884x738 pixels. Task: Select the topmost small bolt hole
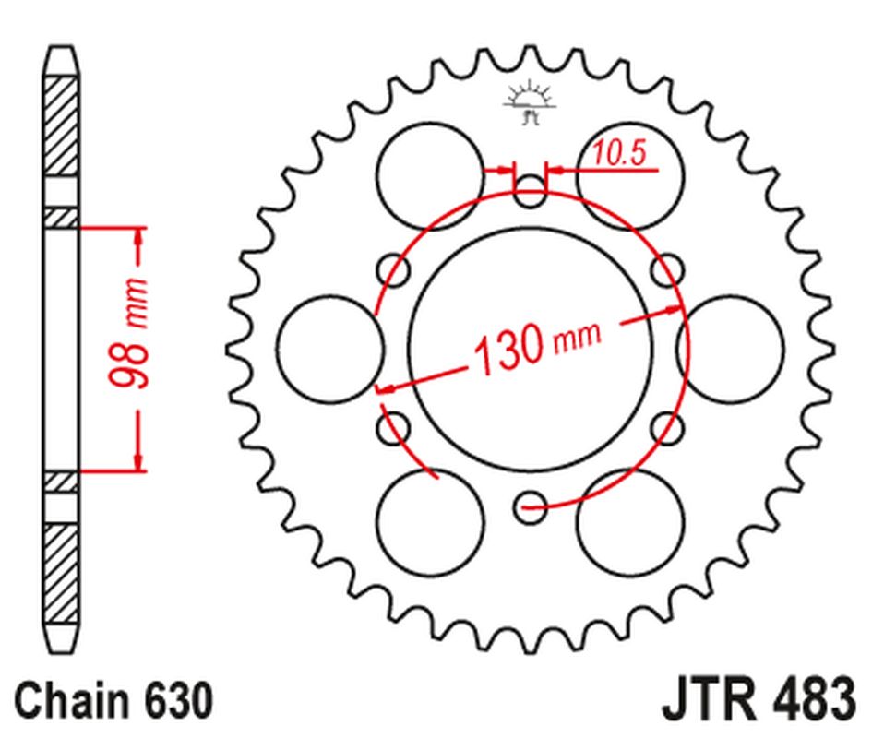click(x=530, y=194)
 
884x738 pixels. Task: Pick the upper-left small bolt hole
click(x=394, y=271)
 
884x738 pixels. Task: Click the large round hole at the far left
click(x=329, y=349)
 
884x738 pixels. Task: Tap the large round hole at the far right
click(x=730, y=349)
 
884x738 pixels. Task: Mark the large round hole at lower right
click(x=629, y=521)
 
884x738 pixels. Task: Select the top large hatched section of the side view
click(x=61, y=126)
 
